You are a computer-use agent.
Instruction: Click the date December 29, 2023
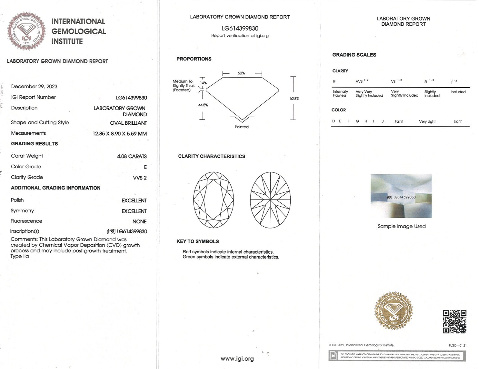coord(34,86)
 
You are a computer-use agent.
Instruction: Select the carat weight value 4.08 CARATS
coord(132,156)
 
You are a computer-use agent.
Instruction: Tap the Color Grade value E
coord(145,167)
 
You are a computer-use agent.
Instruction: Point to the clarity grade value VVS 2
coord(140,178)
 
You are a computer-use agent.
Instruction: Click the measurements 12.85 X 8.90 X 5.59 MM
coord(120,134)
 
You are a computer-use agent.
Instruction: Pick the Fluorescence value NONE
coord(139,222)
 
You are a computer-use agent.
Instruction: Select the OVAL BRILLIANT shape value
coord(128,123)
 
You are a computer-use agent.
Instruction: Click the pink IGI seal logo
coord(27,31)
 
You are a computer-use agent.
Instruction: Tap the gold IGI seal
coord(393,311)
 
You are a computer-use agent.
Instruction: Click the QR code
coord(454,321)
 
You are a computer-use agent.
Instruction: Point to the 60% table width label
coord(241,73)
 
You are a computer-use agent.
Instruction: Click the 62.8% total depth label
coord(294,98)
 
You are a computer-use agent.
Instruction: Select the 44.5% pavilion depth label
coord(203,105)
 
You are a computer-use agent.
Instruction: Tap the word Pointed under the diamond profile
coord(242,127)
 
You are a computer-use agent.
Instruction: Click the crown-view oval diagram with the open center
coord(213,200)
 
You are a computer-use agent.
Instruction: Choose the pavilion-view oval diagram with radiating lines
coord(270,200)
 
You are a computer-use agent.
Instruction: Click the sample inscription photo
coord(401,196)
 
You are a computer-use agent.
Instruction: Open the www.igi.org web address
coord(237,359)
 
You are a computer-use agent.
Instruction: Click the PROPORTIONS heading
coord(194,59)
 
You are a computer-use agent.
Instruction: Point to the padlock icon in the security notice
coord(333,356)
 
